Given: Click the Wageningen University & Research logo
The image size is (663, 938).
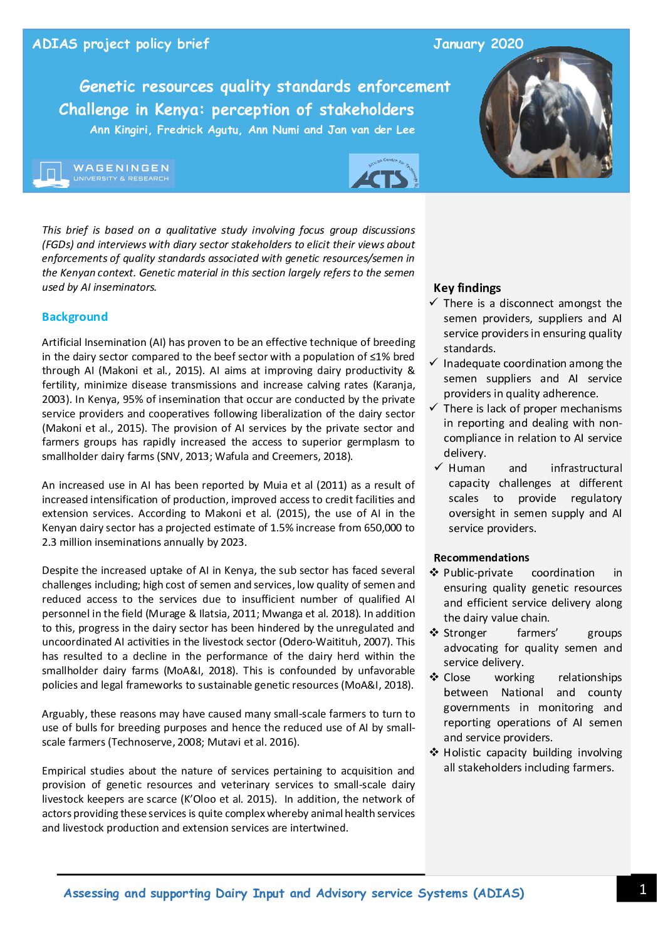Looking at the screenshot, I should point(103,174).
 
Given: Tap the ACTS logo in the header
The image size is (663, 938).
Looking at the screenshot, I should point(384,172).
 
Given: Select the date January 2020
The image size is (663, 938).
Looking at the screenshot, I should point(478,44).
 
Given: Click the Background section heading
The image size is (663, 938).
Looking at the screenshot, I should point(75,317).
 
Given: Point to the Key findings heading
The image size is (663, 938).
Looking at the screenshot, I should point(467,288).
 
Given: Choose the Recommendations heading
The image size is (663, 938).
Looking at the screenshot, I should point(481,558).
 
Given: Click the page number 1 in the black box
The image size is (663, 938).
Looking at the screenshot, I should point(642,889).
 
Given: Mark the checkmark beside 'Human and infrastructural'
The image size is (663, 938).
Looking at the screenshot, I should point(438,467).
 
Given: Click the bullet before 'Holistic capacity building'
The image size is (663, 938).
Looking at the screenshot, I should point(434,752).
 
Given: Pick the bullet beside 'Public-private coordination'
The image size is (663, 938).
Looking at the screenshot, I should point(434,572).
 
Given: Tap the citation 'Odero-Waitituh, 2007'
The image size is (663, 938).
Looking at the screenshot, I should point(338,642).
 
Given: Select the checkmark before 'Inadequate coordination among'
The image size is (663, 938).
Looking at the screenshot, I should point(434,363).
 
